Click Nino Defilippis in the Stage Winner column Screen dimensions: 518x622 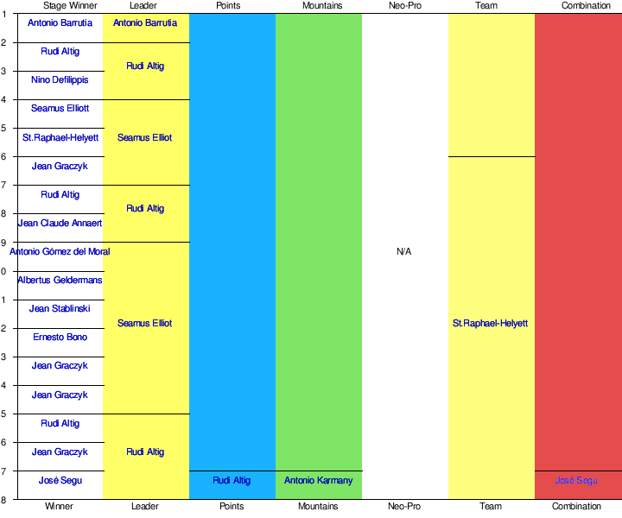(x=60, y=80)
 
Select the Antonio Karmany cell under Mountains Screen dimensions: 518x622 (x=319, y=481)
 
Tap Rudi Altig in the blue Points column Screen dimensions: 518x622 (x=232, y=481)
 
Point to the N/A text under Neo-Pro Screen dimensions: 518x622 (x=404, y=252)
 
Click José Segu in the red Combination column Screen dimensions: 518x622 (x=576, y=481)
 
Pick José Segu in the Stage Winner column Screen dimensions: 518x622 (x=60, y=481)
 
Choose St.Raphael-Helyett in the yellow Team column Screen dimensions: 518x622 (x=491, y=324)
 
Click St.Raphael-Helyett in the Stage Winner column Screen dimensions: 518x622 (x=60, y=137)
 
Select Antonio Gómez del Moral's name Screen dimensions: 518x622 (x=60, y=252)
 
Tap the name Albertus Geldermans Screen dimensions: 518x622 (x=60, y=281)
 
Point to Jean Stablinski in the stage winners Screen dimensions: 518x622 (x=60, y=309)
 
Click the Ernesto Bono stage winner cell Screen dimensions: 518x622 (x=60, y=338)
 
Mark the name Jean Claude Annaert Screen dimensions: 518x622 (x=60, y=224)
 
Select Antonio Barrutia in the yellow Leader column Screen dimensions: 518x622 (x=145, y=23)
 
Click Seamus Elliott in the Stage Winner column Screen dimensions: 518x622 (x=60, y=109)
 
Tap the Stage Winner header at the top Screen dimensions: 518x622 (x=59, y=6)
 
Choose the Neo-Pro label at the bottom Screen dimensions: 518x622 (x=404, y=507)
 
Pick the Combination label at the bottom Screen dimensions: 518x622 (x=576, y=507)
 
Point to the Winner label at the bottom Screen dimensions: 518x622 (x=59, y=507)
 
